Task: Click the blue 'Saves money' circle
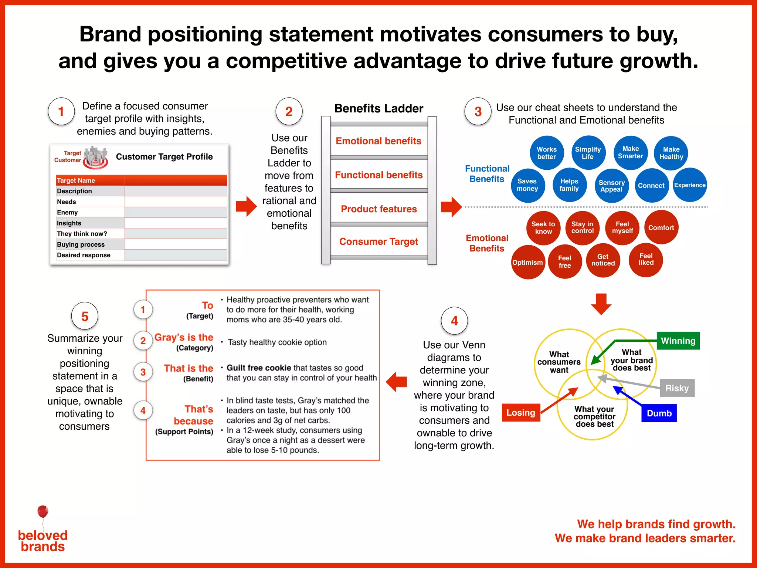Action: click(527, 185)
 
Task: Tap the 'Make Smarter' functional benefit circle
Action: click(631, 152)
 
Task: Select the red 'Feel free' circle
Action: click(565, 261)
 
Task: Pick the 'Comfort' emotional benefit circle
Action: click(661, 228)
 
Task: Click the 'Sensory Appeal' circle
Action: click(612, 186)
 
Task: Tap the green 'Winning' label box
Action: click(678, 341)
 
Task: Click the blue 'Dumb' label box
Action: click(659, 413)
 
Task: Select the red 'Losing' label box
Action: click(521, 412)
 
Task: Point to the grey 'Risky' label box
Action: click(677, 388)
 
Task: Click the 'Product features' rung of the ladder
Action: click(379, 209)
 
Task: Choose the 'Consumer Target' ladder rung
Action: click(379, 241)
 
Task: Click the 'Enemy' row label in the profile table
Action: click(67, 212)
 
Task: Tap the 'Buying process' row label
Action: click(81, 244)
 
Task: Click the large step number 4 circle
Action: click(454, 321)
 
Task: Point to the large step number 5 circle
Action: click(85, 316)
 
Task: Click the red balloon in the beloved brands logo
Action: click(43, 511)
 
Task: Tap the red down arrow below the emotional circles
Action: click(601, 304)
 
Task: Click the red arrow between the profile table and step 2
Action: click(246, 206)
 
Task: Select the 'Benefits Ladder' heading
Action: click(379, 108)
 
